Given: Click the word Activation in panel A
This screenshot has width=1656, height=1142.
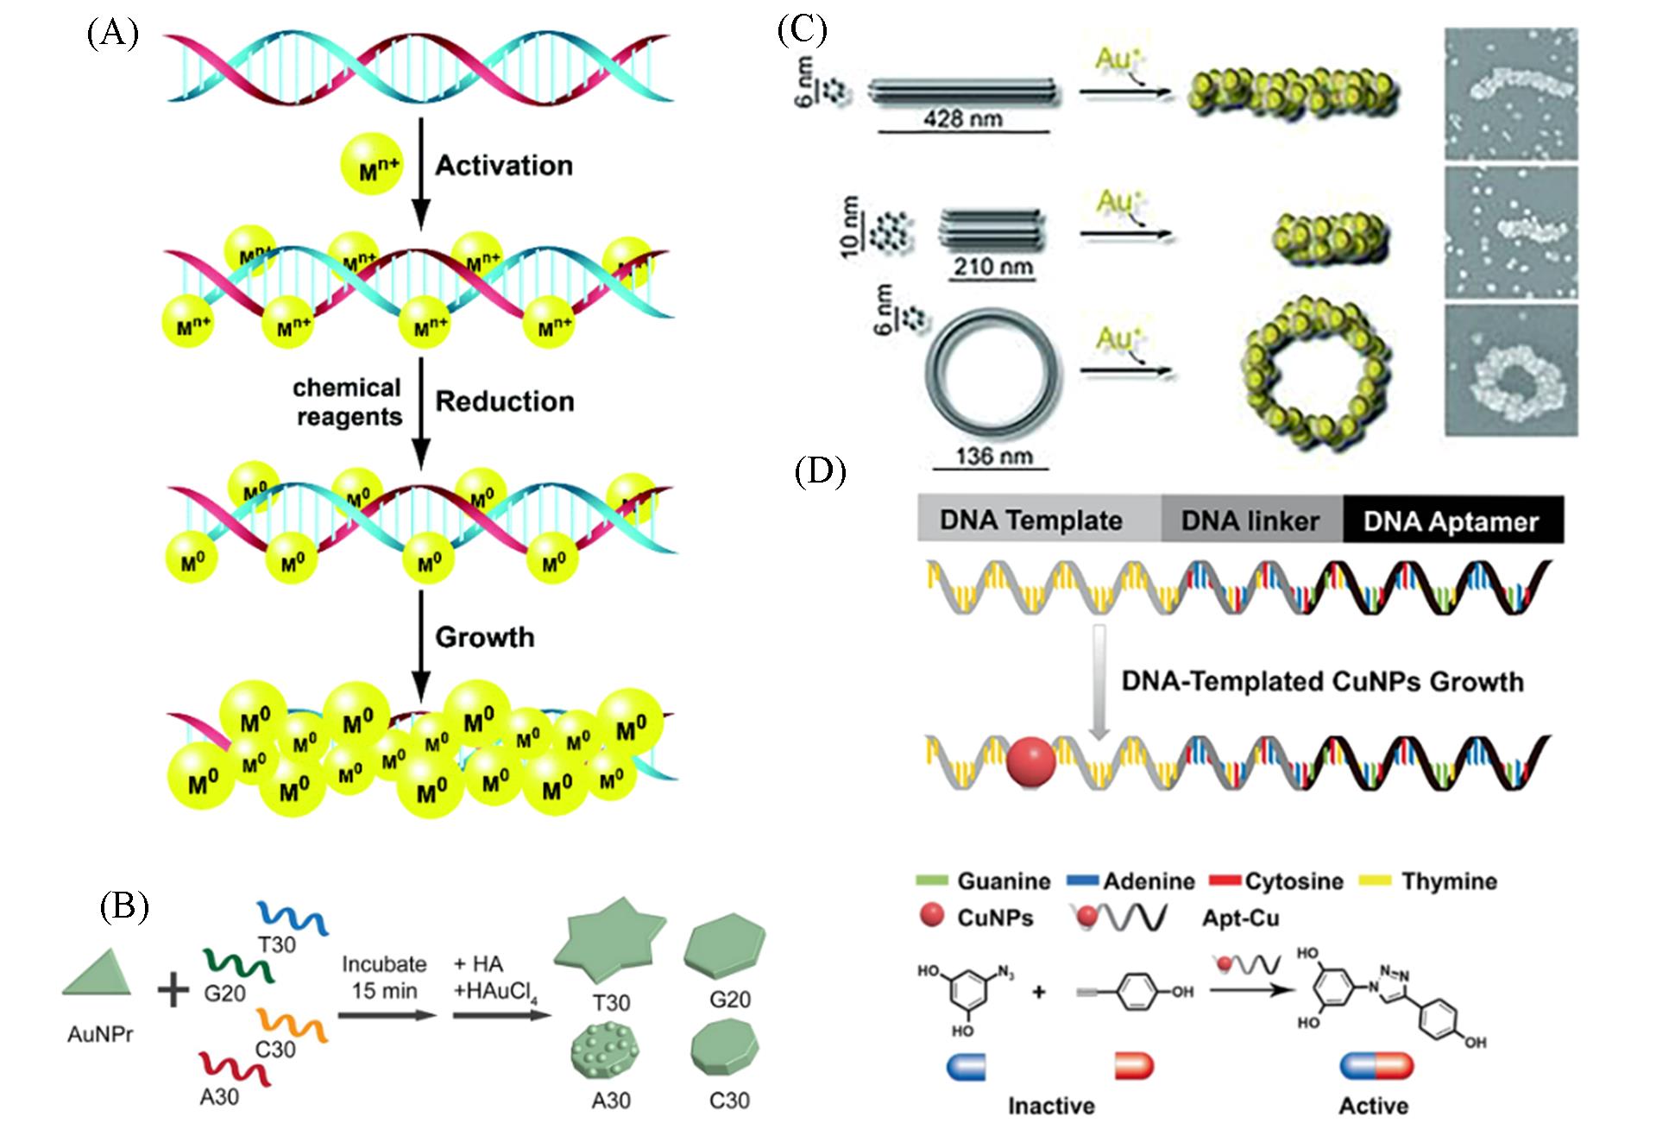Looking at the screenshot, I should (x=504, y=166).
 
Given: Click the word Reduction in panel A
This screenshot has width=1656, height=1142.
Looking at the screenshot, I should (x=505, y=401).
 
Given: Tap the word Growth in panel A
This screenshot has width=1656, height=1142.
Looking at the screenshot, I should (x=485, y=637).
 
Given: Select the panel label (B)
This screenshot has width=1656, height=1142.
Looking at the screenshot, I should (x=124, y=906).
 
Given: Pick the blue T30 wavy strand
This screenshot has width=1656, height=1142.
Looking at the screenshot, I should (x=293, y=918).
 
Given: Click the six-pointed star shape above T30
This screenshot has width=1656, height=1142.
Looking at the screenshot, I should (x=611, y=952).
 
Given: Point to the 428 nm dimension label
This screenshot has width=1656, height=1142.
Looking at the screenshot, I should (x=963, y=118).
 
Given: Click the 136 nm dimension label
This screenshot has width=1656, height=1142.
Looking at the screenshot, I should (x=994, y=455).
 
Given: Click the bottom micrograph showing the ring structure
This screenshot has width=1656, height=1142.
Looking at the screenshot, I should (x=1510, y=371).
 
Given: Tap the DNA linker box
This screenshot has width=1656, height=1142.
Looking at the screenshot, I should (x=1250, y=521).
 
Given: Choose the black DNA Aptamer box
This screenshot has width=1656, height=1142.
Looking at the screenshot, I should (x=1451, y=521).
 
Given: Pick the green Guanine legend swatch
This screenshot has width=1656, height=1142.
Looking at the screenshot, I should (x=930, y=881).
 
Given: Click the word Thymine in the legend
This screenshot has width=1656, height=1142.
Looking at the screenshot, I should (x=1449, y=881).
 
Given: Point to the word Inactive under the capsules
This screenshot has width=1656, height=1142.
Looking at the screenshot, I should (x=1051, y=1106).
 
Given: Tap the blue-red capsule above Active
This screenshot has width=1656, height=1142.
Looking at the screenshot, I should (x=1376, y=1067).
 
